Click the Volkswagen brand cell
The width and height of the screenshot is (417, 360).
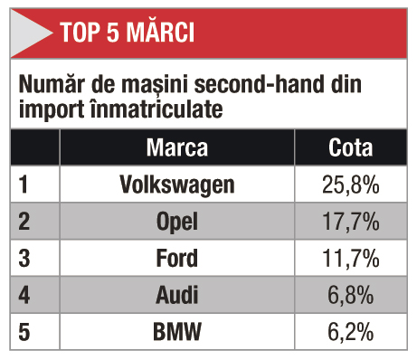pyautogui.click(x=177, y=185)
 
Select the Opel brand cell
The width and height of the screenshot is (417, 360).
pyautogui.click(x=177, y=222)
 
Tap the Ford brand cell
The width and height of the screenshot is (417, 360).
pyautogui.click(x=177, y=258)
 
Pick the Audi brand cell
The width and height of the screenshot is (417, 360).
pyautogui.click(x=177, y=295)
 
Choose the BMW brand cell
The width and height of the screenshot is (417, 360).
pyautogui.click(x=177, y=332)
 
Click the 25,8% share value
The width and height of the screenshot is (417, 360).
pyautogui.click(x=351, y=185)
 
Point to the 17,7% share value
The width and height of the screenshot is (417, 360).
pyautogui.click(x=351, y=222)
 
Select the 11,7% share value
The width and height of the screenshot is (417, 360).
pyautogui.click(x=351, y=258)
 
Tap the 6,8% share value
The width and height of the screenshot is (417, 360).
pyautogui.click(x=351, y=295)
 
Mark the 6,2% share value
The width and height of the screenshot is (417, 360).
pyautogui.click(x=351, y=332)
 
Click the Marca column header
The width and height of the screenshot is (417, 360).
pyautogui.click(x=177, y=147)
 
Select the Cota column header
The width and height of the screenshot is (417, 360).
pyautogui.click(x=351, y=147)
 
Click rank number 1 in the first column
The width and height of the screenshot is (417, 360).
pyautogui.click(x=24, y=185)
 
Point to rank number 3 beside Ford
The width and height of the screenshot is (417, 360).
pyautogui.click(x=24, y=258)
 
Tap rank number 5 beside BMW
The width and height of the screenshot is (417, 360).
pyautogui.click(x=24, y=332)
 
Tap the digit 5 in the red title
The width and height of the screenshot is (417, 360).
pyautogui.click(x=113, y=32)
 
